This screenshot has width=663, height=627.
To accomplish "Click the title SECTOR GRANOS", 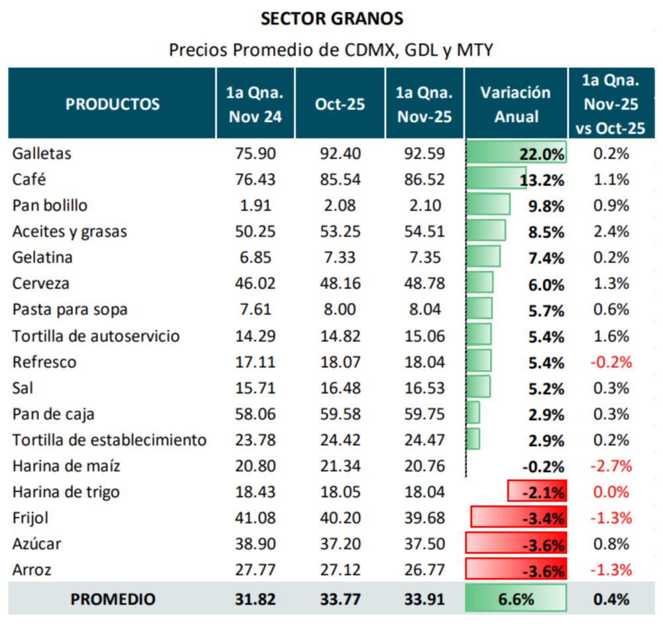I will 331,19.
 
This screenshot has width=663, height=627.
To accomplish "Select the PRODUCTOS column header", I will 113,104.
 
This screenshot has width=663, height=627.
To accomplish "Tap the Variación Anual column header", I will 516,104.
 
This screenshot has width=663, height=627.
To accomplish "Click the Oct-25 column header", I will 340,104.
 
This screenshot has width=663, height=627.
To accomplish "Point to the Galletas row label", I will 42,154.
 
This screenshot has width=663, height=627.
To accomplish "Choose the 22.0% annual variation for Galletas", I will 542,154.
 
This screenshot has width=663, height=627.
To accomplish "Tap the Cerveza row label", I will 40,284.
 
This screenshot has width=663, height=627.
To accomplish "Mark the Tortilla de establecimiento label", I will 109,440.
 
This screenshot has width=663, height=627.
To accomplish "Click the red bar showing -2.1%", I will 536,492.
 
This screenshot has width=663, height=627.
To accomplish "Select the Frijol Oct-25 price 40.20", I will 340,518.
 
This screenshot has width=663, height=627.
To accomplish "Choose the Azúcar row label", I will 36,544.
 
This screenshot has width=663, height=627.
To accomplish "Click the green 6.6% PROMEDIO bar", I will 516,599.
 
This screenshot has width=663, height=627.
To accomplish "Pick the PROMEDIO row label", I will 113,599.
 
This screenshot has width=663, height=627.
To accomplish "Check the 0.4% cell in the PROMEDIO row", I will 610,599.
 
